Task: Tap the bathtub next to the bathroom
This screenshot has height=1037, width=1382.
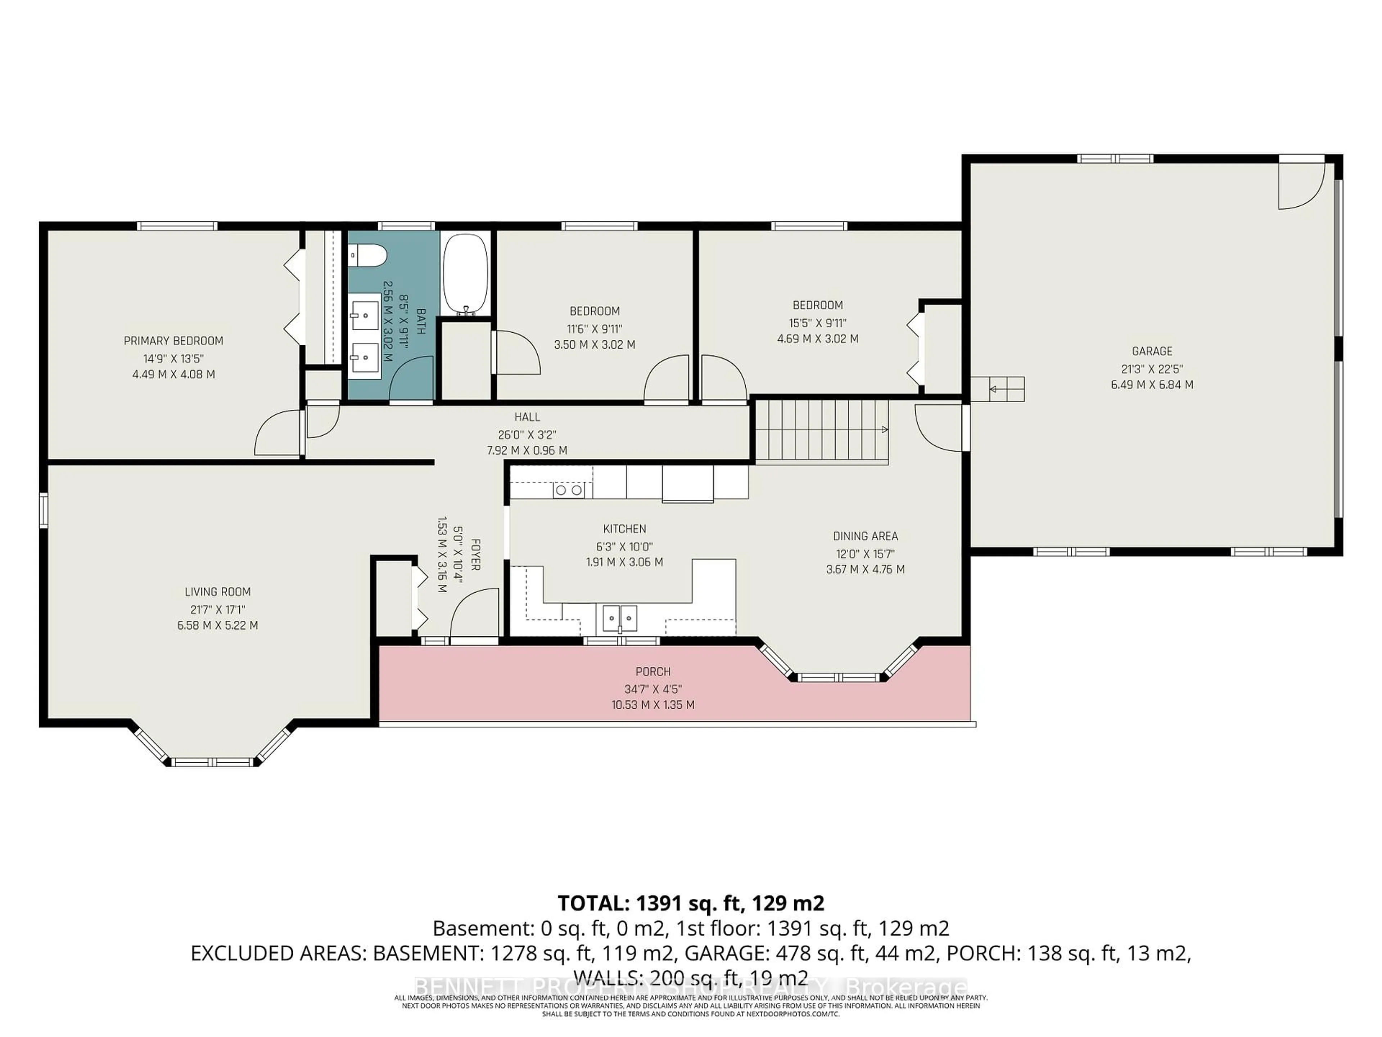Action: (x=465, y=274)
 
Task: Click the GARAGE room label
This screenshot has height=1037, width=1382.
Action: (x=1151, y=351)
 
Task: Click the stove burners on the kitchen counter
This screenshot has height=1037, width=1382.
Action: (x=569, y=490)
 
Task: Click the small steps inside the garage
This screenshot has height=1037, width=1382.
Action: (x=997, y=389)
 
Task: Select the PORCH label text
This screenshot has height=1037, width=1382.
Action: (x=653, y=671)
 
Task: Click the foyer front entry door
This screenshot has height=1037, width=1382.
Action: (x=475, y=616)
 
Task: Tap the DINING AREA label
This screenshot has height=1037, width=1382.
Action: (x=865, y=536)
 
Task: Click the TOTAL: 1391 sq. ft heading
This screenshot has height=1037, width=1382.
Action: (x=690, y=903)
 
